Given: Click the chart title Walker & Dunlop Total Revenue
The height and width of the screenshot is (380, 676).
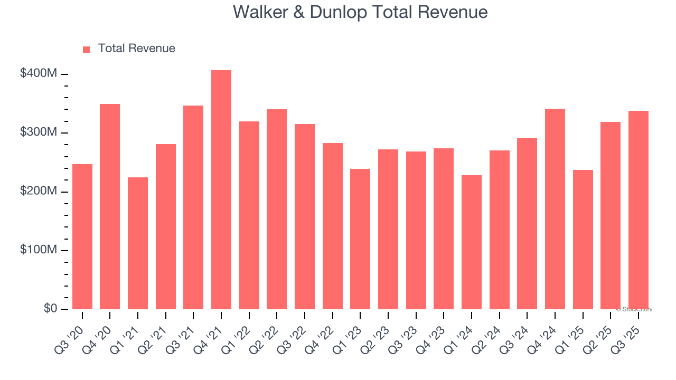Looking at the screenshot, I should pos(360,12).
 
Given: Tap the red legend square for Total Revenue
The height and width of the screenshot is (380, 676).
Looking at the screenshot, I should pos(87,49).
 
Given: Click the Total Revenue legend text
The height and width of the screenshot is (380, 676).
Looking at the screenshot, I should pos(136,49).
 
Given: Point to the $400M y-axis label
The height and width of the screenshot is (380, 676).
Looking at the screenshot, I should pos(39,74).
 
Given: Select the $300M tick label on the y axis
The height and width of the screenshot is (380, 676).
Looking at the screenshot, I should pos(39,132).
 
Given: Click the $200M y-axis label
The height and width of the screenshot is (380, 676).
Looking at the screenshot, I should pos(39,192).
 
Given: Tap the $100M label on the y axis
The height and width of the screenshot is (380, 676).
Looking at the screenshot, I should pos(39,250).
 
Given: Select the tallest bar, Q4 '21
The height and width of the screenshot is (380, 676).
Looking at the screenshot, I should pos(221,190).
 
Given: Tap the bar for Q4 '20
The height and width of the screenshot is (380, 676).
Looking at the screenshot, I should pos(110,206).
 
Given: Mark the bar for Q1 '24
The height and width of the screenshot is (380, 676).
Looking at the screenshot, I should pos(471,242).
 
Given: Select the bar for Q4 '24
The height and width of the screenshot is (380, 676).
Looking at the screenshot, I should pos(555,208).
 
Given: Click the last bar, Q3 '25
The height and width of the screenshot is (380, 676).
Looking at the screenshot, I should pos(638,210).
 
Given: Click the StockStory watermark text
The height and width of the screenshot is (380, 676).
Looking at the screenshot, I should pos(634,309).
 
